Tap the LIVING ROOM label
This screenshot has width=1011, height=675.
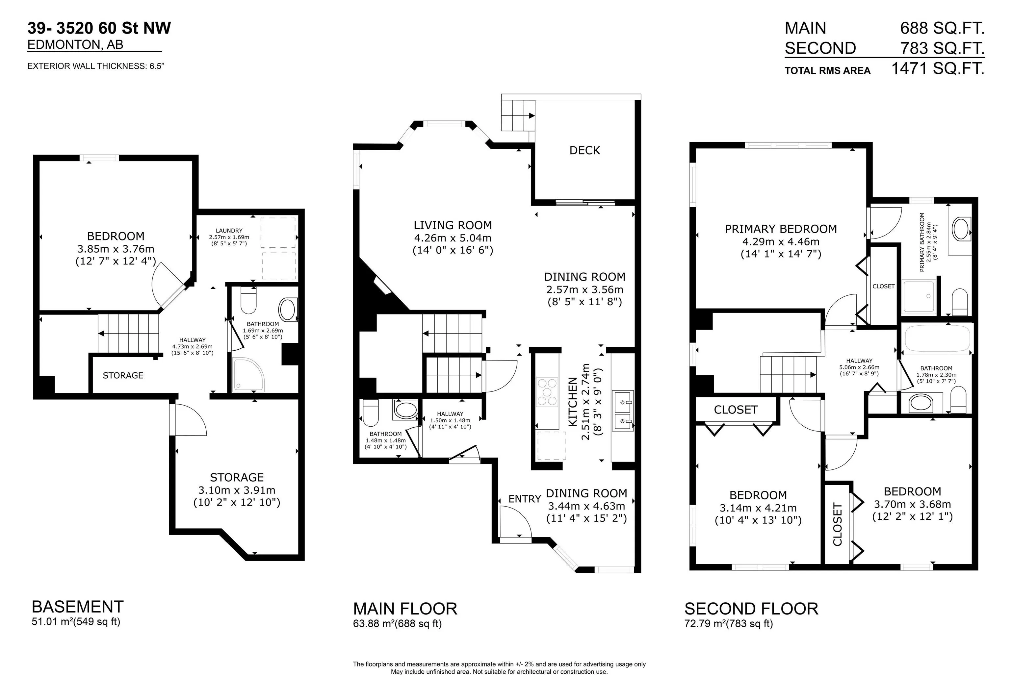tap(453, 225)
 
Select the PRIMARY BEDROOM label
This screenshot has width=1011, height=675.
tap(781, 229)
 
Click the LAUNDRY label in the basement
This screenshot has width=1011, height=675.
tap(229, 231)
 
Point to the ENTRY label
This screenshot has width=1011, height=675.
tap(525, 499)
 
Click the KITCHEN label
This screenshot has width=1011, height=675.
tap(572, 402)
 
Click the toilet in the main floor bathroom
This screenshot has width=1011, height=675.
tap(370, 412)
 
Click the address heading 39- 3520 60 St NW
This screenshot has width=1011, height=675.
tap(99, 28)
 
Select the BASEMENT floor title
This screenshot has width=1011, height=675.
tap(78, 607)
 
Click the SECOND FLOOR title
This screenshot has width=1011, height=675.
tap(751, 609)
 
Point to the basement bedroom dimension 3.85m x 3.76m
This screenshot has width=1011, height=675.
tap(116, 249)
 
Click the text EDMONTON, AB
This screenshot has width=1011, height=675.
tap(75, 45)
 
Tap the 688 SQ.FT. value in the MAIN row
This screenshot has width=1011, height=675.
tap(943, 28)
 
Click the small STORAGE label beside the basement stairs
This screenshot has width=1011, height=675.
tap(123, 375)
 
